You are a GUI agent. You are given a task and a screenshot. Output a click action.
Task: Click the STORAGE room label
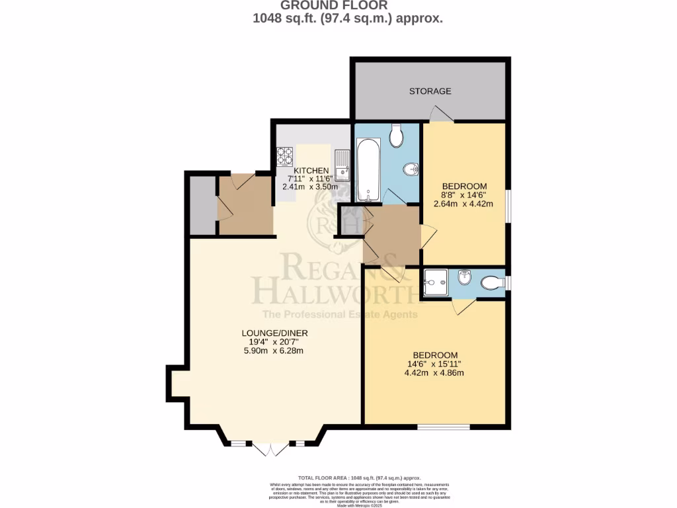[430, 91]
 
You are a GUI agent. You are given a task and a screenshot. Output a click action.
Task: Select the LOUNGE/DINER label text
[274, 333]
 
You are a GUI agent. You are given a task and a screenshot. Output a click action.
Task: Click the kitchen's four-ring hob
[285, 156]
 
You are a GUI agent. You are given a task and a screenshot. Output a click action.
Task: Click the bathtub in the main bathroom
[368, 169]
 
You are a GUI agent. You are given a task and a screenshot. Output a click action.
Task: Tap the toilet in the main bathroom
[397, 136]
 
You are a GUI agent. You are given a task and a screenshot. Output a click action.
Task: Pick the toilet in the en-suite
[491, 283]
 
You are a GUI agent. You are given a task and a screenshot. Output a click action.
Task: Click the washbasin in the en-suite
[465, 278]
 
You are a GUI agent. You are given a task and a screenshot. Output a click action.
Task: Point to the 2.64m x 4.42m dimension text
[463, 204]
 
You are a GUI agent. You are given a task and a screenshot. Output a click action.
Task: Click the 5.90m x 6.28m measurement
[274, 351]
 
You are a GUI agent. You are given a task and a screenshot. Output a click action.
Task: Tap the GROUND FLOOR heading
[347, 6]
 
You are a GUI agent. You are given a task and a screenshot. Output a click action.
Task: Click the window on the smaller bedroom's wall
[508, 207]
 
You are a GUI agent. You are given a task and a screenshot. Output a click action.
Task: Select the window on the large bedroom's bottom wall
[443, 427]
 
